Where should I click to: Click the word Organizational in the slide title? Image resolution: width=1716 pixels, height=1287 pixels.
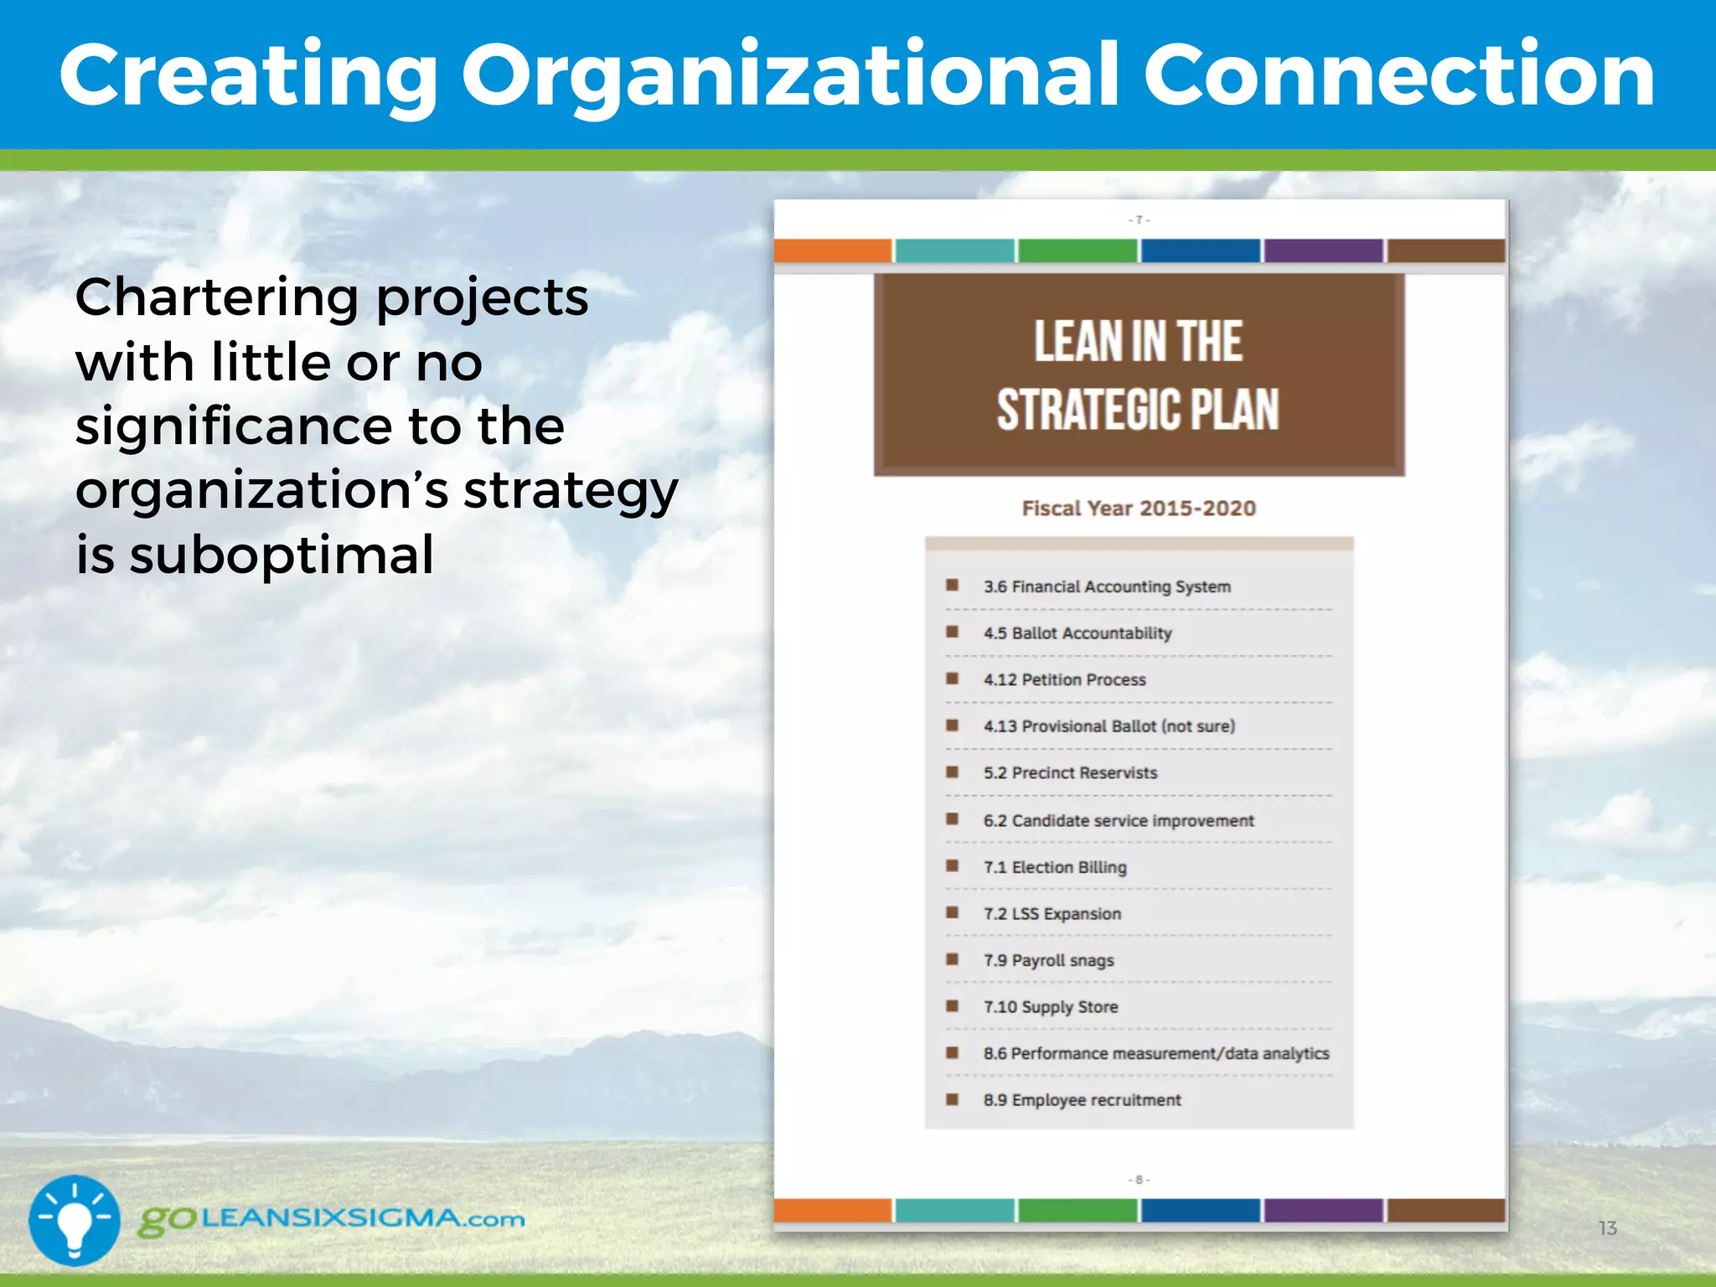coord(791,77)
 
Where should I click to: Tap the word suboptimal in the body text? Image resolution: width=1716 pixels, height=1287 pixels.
coord(282,555)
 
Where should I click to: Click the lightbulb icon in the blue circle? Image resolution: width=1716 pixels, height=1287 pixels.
coord(75,1220)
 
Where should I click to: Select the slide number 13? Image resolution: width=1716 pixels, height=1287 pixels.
coord(1607,1228)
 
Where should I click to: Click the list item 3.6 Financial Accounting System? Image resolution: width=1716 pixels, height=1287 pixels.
coord(1106,587)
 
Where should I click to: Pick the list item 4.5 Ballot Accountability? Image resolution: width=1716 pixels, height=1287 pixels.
coord(1077,633)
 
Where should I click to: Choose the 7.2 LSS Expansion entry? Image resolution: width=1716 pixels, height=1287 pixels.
coord(1052,914)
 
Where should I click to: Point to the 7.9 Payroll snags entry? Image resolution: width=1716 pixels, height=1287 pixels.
coord(1048,960)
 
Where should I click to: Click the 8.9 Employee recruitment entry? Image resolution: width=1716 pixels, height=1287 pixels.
coord(1082,1100)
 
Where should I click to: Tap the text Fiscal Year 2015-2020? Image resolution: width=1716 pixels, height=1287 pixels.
coord(1139,509)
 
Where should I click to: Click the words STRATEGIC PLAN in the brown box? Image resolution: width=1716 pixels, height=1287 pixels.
coord(1138,410)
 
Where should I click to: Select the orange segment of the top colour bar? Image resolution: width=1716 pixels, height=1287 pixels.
coord(832,251)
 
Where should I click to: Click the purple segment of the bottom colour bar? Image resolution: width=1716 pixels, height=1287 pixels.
coord(1323,1210)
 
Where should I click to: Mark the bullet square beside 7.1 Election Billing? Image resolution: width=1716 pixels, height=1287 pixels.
coord(952,866)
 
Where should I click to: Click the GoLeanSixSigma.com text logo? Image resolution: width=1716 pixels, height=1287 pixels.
coord(332,1219)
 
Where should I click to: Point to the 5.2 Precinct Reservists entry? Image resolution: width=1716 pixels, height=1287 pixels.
coord(1070,773)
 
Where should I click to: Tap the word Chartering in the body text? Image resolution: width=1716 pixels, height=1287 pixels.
coord(218,297)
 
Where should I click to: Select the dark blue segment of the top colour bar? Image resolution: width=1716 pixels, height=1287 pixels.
coord(1200,251)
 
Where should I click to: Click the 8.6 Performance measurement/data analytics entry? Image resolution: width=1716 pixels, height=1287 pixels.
coord(1156,1054)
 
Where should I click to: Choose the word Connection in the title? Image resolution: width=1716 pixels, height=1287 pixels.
coord(1398,77)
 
